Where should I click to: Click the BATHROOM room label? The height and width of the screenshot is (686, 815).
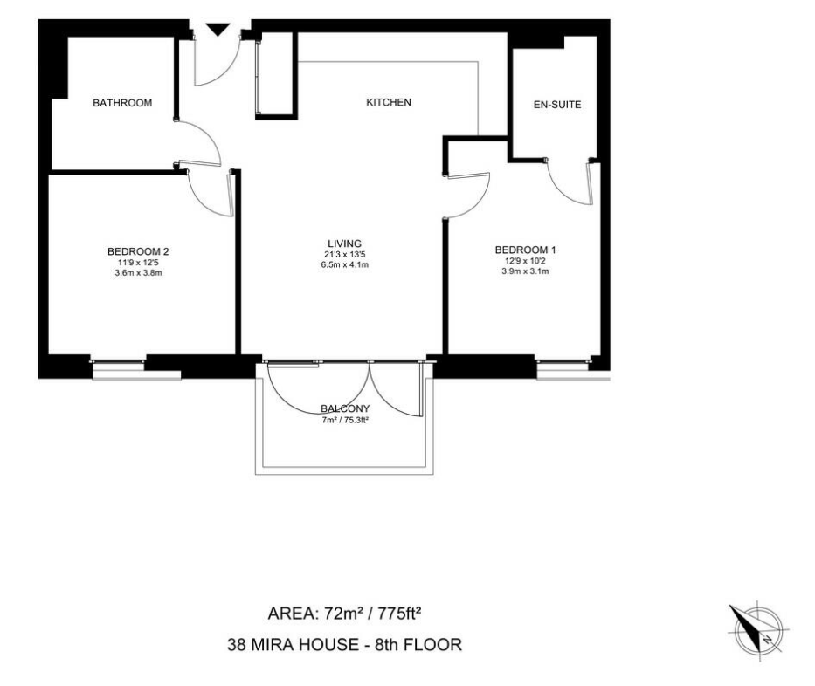[x=122, y=103]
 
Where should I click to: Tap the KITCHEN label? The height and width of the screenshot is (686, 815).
[x=389, y=102]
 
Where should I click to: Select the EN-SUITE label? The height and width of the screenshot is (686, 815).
[x=557, y=105]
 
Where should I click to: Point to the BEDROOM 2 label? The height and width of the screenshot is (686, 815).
[x=138, y=251]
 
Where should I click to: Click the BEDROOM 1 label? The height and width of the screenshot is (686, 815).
[x=526, y=250]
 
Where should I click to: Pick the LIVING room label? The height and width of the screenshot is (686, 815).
[x=345, y=243]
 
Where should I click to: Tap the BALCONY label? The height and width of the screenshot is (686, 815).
[x=345, y=408]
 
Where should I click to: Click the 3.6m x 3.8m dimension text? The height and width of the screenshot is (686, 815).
[x=139, y=272]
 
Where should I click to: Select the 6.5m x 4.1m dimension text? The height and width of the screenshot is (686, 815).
[x=345, y=264]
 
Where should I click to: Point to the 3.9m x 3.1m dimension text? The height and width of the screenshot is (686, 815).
[x=526, y=271]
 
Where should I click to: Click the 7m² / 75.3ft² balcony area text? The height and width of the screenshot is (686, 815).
[x=345, y=420]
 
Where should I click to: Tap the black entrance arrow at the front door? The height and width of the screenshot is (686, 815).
[x=218, y=30]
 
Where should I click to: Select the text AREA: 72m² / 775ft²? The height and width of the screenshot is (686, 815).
[x=344, y=614]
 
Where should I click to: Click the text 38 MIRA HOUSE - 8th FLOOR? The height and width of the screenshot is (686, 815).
[x=345, y=645]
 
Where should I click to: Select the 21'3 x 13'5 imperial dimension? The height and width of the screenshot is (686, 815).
[x=345, y=255]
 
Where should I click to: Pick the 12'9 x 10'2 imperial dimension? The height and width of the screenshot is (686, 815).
[x=526, y=261]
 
